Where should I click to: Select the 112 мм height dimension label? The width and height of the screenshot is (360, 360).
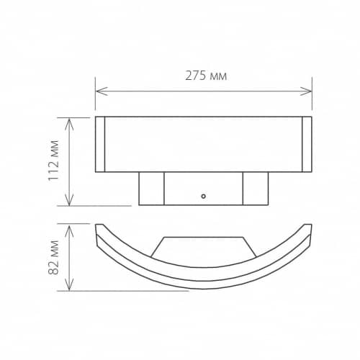click(x=53, y=161)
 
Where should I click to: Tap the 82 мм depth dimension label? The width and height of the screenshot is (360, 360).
click(x=53, y=257)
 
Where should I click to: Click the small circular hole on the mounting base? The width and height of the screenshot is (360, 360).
click(x=204, y=195)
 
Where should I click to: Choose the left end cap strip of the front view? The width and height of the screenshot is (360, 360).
click(x=100, y=144)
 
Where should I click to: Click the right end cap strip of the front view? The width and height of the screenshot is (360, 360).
click(x=307, y=144)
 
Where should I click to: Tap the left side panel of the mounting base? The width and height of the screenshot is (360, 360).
click(x=151, y=189)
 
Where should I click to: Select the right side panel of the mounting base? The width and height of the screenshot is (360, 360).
click(x=256, y=189)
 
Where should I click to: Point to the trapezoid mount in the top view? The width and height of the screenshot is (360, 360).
click(x=204, y=246)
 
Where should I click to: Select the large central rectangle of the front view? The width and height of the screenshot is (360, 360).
click(x=204, y=144)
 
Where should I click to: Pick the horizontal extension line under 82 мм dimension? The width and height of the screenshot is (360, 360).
click(x=130, y=291)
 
